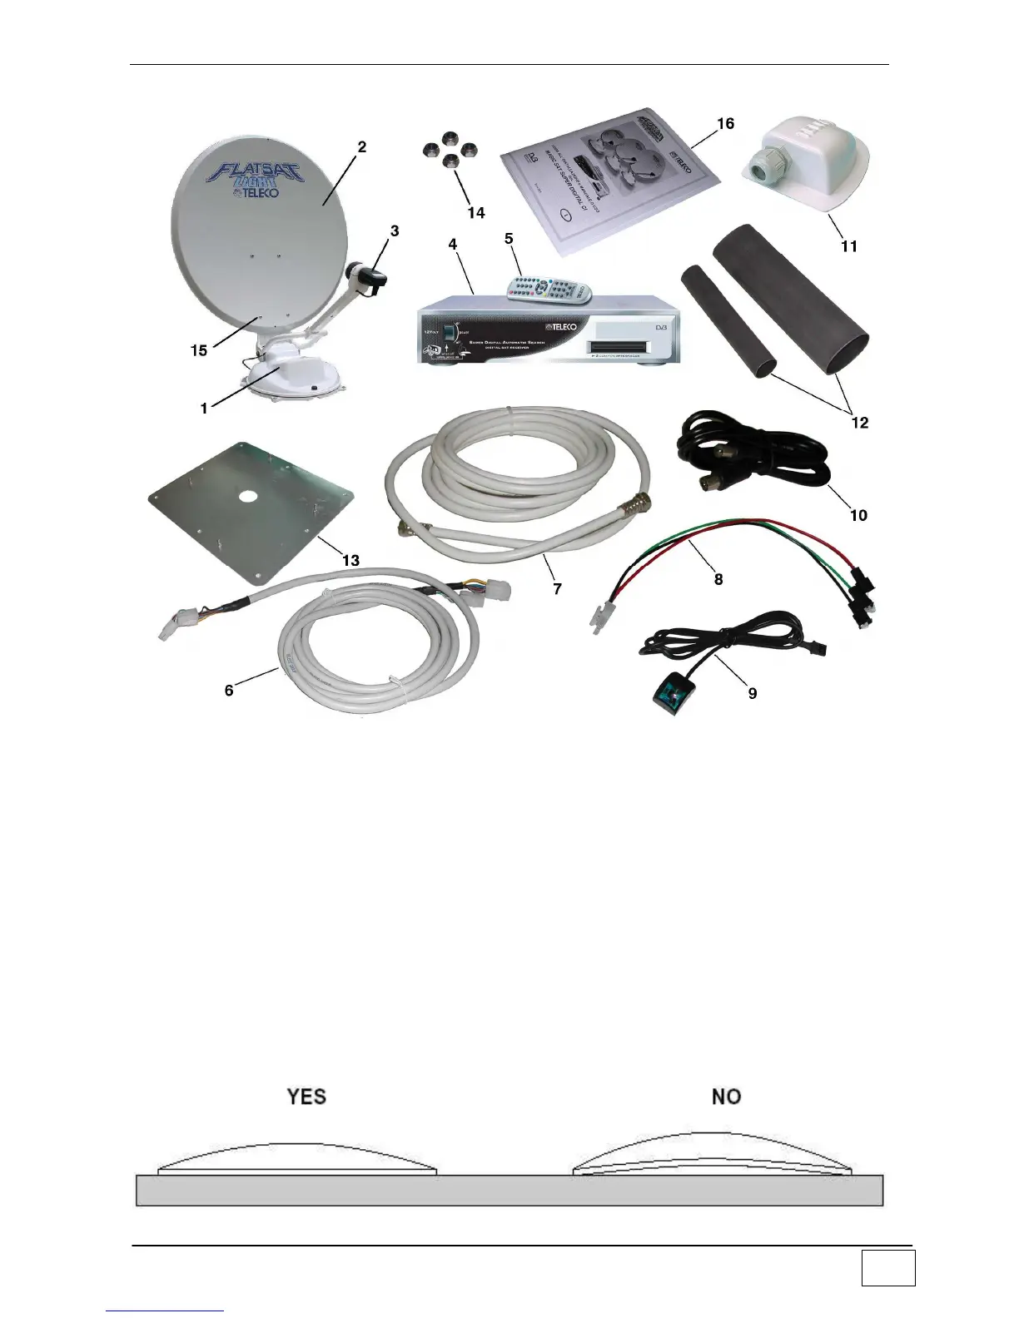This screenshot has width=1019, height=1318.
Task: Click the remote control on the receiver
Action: [x=550, y=289]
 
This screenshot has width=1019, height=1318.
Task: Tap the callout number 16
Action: [x=725, y=123]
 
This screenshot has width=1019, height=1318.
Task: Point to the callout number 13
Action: [x=351, y=560]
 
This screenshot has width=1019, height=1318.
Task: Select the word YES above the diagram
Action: [x=306, y=1097]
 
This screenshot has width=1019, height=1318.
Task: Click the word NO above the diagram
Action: [x=726, y=1097]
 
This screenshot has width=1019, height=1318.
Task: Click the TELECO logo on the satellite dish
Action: [x=261, y=193]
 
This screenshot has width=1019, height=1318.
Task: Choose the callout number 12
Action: [x=859, y=423]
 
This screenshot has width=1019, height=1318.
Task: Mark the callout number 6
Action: [x=229, y=690]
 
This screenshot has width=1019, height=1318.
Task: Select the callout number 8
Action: [x=718, y=579]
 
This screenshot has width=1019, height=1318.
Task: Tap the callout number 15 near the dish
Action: [x=198, y=350]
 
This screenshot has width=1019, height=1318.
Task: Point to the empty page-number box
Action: [x=887, y=1268]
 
